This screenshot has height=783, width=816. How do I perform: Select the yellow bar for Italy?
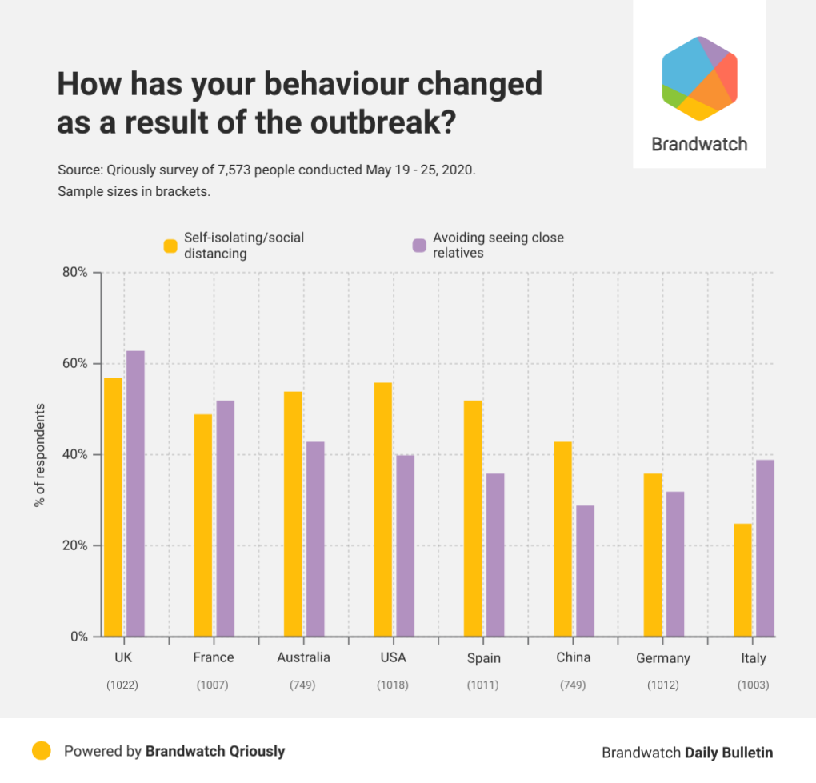pos(743,580)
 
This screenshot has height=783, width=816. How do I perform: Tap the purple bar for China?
pos(586,571)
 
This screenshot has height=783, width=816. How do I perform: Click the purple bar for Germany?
pos(675,564)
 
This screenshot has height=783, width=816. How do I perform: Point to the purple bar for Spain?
pos(495,555)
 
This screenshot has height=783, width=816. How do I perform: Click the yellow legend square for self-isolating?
pos(170,246)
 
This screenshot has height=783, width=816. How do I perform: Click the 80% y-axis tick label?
pos(75,272)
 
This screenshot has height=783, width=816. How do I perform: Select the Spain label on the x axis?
pos(484,658)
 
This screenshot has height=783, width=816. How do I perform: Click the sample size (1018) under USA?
pos(393,685)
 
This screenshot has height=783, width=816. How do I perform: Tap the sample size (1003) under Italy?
pos(753,685)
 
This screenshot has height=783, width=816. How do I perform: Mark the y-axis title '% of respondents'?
pos(38,454)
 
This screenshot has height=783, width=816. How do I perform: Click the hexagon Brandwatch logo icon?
pos(699,78)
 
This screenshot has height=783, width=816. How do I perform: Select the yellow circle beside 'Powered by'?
pos(42,750)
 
